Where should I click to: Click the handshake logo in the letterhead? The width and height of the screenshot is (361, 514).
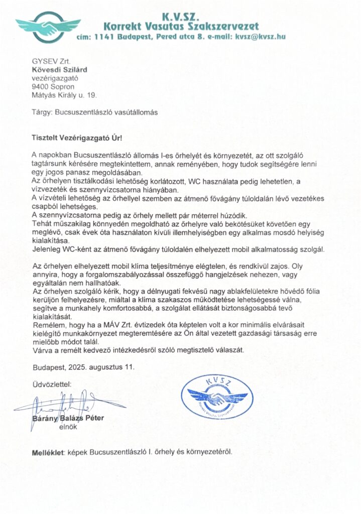pyautogui.click(x=48, y=24)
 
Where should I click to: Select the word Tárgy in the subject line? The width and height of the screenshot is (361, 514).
pyautogui.click(x=43, y=113)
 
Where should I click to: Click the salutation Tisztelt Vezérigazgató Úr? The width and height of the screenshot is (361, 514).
pyautogui.click(x=78, y=137)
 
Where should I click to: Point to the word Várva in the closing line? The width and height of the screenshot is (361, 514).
pyautogui.click(x=43, y=349)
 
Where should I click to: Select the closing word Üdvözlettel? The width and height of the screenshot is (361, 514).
pyautogui.click(x=52, y=385)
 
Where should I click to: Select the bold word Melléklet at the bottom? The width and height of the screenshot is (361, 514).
pyautogui.click(x=49, y=452)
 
